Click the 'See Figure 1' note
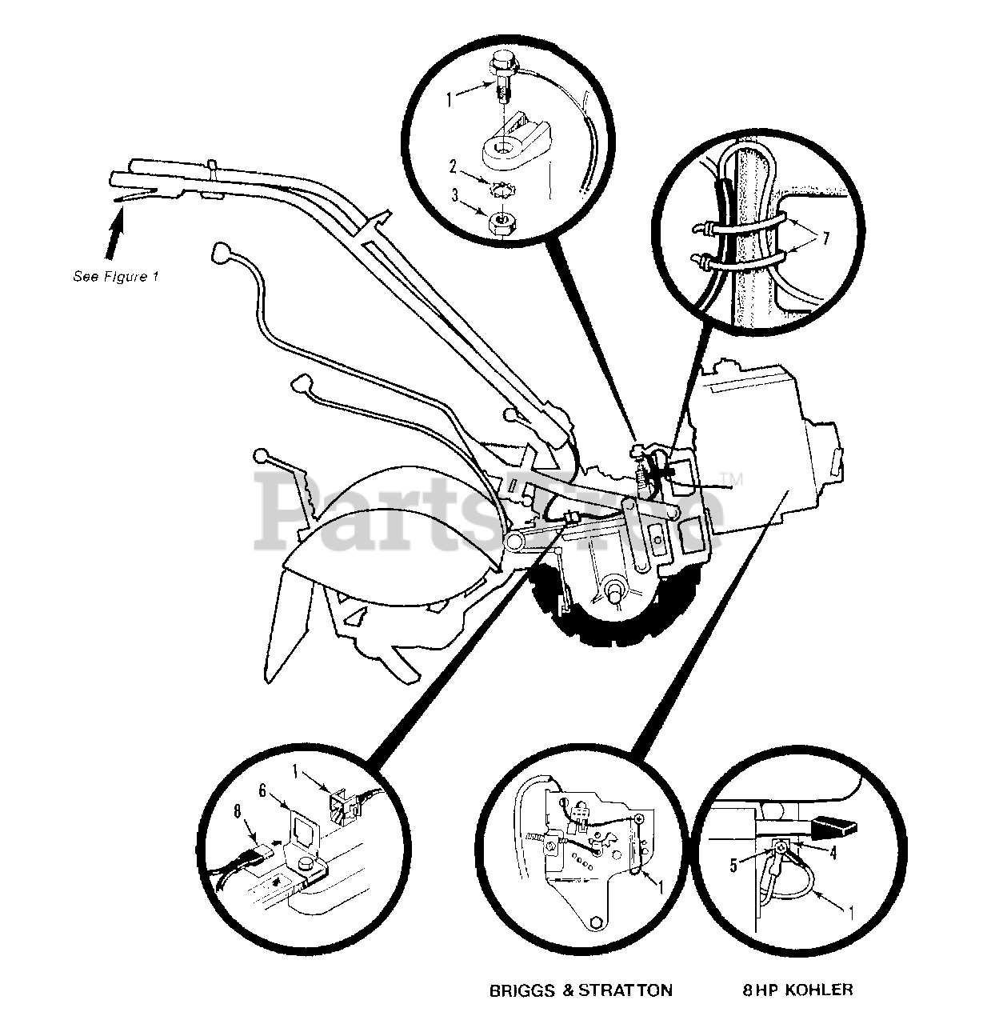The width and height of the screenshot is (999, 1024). point(116,277)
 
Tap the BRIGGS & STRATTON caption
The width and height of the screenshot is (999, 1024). point(581,990)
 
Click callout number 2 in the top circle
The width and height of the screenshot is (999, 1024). point(453,167)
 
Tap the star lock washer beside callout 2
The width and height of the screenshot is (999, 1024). point(502,189)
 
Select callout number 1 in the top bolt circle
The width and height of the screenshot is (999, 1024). point(450,100)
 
